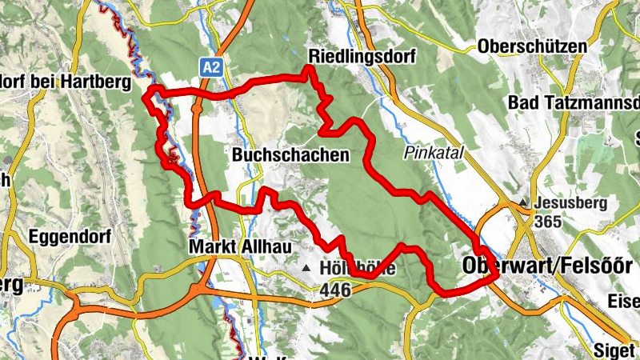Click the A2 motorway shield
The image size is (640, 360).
211,67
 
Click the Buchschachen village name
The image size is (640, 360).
291,155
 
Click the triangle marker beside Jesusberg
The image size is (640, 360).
524,203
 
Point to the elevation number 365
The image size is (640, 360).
549,221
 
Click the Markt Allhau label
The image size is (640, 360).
238,247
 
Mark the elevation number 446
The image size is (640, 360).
334,290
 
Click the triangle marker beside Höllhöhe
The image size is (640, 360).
307,268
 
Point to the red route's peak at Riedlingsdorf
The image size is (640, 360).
309,70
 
